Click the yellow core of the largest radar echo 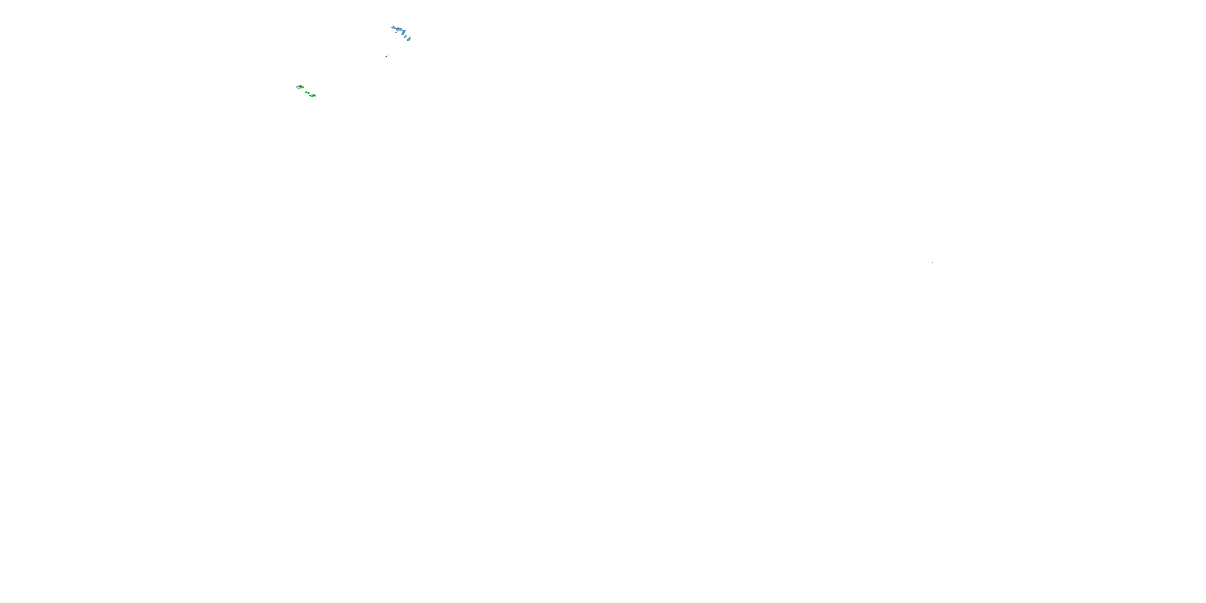pyautogui.click(x=302, y=86)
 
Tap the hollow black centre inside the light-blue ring pyautogui.click(x=299, y=88)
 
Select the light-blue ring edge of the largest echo pyautogui.click(x=297, y=87)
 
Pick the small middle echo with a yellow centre pyautogui.click(x=308, y=93)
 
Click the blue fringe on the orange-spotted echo pyautogui.click(x=316, y=96)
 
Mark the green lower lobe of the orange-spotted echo pyautogui.click(x=312, y=96)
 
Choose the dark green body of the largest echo pyautogui.click(x=300, y=86)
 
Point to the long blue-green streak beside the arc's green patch pyautogui.click(x=404, y=33)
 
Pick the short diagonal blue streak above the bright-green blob pyautogui.click(x=406, y=37)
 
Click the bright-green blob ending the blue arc pyautogui.click(x=408, y=40)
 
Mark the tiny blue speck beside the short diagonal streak pyautogui.click(x=408, y=37)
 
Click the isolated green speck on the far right pyautogui.click(x=932, y=263)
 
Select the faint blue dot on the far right pyautogui.click(x=955, y=265)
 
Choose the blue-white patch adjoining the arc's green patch pyautogui.click(x=398, y=29)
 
